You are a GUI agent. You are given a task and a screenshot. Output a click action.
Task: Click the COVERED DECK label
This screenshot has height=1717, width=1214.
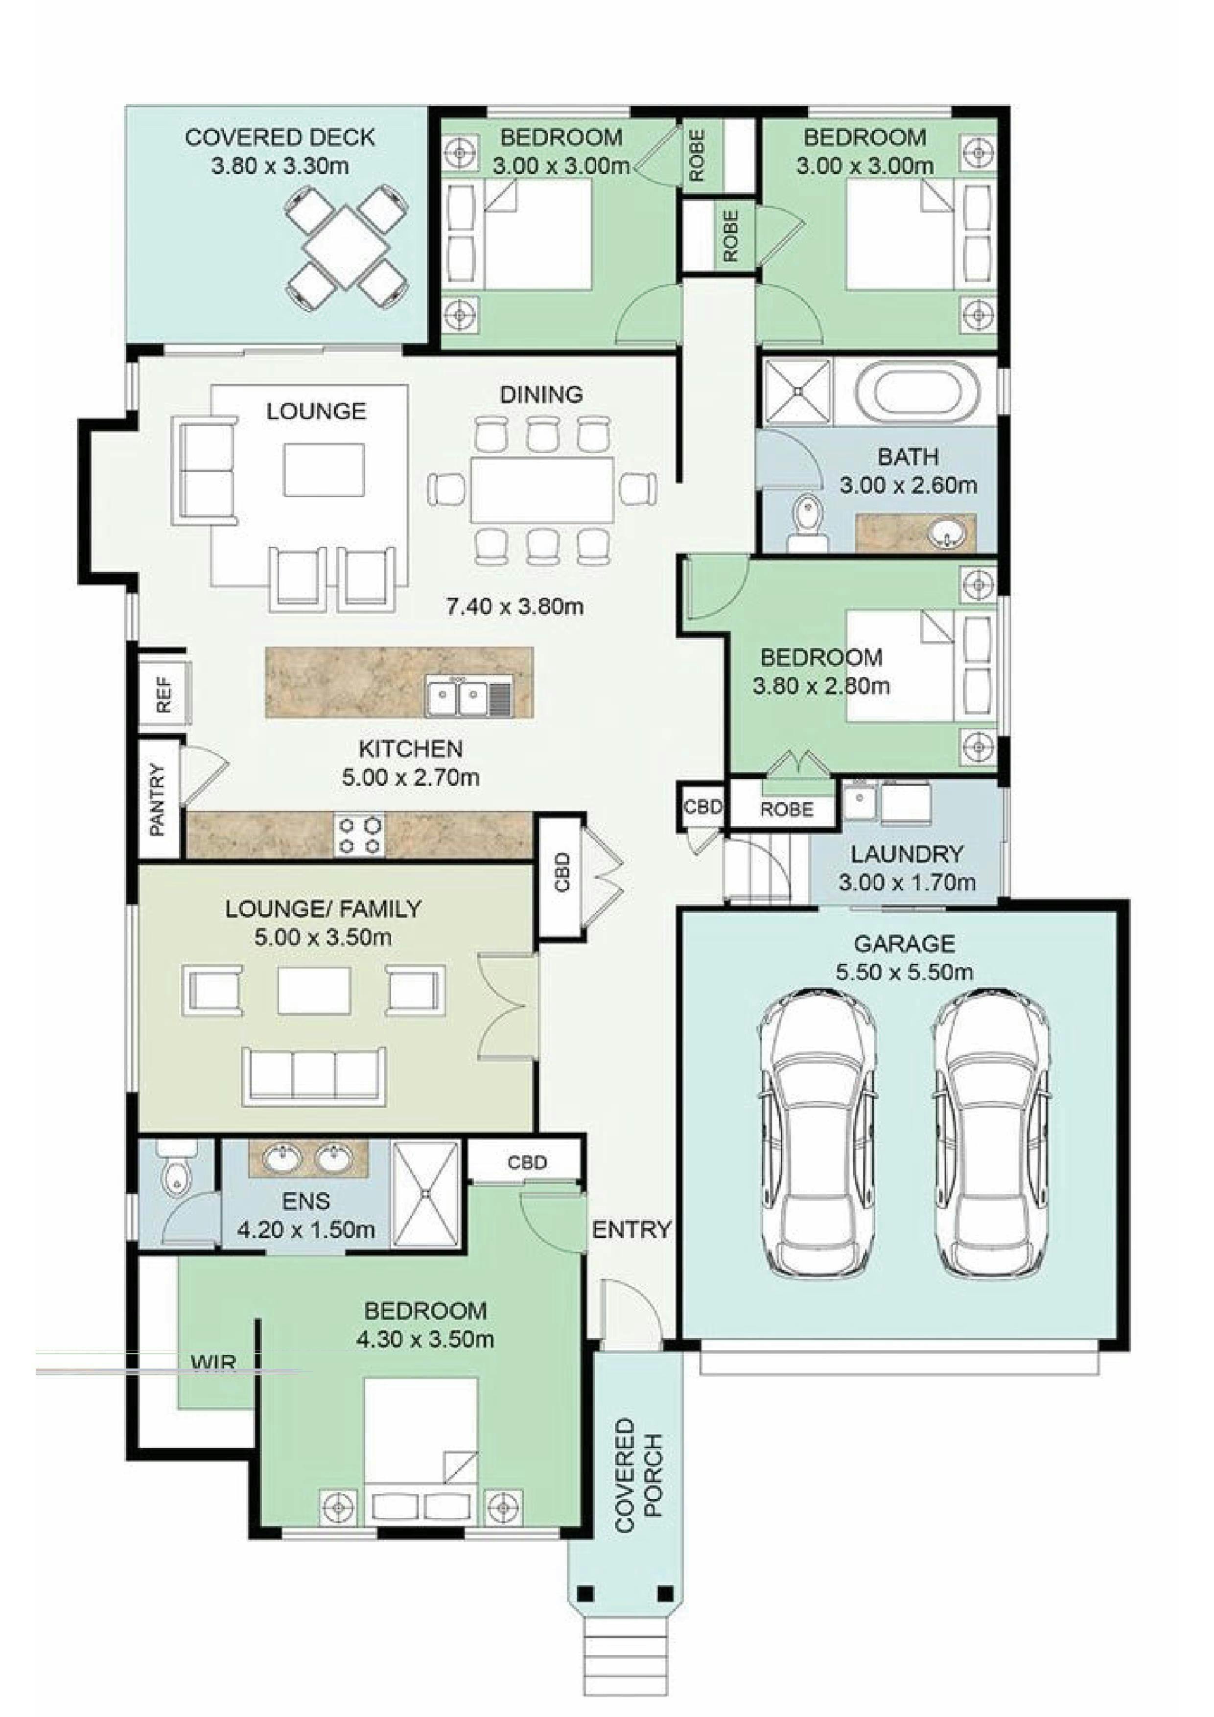(280, 138)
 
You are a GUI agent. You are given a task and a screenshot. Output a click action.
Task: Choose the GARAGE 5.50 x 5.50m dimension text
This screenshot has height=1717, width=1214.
(904, 972)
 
